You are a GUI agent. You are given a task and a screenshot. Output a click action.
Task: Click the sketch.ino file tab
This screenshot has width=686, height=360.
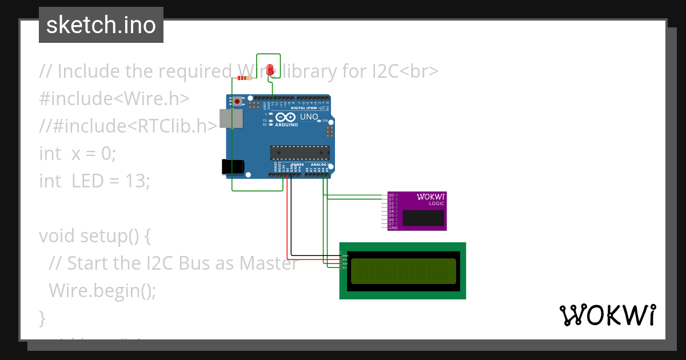(101, 25)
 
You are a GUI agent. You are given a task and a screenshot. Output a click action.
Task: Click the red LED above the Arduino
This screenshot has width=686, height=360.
(270, 69)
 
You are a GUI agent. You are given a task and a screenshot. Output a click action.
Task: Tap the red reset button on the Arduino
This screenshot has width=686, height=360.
(236, 102)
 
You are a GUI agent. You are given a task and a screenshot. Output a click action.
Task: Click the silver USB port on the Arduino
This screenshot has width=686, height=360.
(231, 119)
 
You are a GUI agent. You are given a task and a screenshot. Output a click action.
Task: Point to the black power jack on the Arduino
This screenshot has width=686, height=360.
(232, 166)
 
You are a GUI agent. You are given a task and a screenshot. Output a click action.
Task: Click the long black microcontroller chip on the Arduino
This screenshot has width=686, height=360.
(300, 153)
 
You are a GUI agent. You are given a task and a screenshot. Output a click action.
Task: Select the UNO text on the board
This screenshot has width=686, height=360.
(309, 117)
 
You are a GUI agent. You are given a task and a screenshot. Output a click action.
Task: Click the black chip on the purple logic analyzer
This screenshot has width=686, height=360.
(423, 218)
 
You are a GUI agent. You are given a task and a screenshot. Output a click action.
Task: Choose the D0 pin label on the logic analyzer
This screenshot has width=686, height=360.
(391, 195)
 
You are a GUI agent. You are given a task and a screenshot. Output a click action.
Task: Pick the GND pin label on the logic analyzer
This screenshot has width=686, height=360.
(393, 227)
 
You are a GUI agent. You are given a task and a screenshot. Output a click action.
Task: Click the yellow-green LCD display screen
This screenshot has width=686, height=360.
(403, 271)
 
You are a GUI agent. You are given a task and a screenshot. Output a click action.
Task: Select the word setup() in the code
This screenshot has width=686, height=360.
(110, 235)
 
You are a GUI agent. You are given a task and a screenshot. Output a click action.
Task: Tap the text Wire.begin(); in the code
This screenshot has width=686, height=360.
(102, 290)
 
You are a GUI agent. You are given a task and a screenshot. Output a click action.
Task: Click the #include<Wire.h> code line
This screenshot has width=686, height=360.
(114, 98)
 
